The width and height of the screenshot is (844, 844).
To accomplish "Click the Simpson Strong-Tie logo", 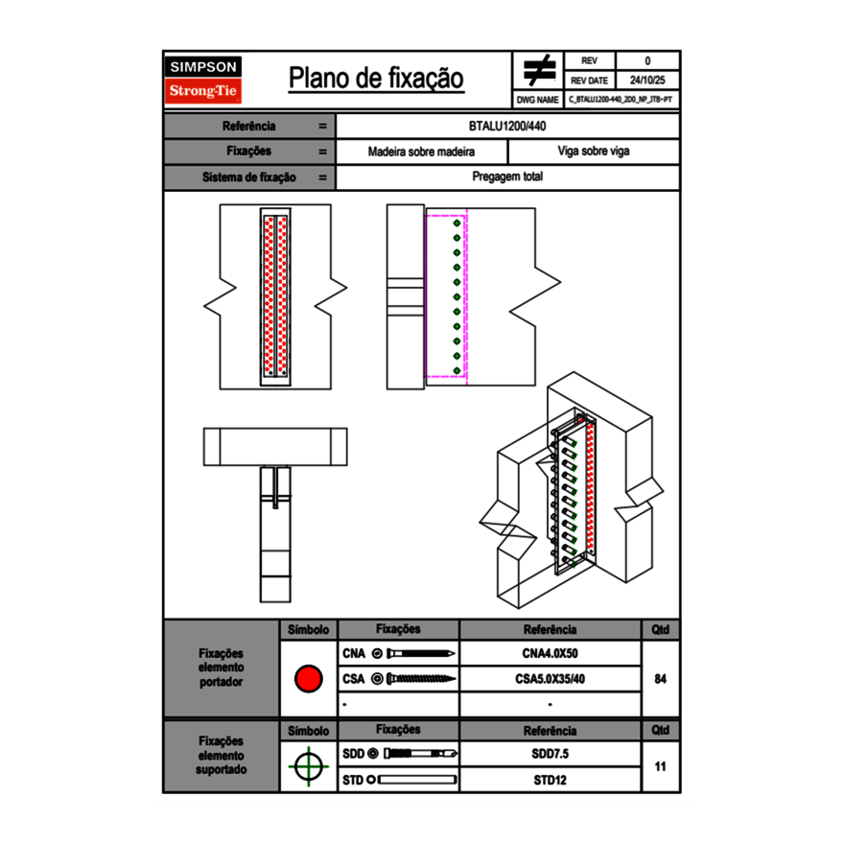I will pos(203,80).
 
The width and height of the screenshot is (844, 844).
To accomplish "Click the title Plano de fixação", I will pos(376,79).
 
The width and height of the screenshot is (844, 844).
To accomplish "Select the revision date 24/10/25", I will pos(647,81).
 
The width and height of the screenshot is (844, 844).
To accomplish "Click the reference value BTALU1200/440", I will pos(508,127).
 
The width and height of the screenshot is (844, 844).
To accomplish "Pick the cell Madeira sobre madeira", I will pos(422,152).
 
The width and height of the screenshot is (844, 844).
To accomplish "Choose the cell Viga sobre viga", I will pos(593,152).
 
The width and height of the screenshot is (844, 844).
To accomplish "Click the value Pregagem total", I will pos(508,177).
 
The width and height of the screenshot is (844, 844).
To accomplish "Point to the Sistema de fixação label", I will pos(249,177).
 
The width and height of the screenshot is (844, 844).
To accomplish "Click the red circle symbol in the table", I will pos(308,679).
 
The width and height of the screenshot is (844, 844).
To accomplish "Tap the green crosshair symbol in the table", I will pos(308,767).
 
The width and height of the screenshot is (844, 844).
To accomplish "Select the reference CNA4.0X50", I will pos(550,654).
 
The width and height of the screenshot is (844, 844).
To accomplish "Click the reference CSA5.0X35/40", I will pos(550,679).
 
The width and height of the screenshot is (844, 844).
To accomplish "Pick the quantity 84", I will pos(660,679).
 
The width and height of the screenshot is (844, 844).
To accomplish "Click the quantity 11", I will pos(660,767).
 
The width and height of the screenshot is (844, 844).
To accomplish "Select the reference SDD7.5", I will pos(550,754).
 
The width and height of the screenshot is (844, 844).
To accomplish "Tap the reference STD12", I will pos(550,780).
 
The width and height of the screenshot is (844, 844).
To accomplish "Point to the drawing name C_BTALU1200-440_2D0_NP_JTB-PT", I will pos(620,99).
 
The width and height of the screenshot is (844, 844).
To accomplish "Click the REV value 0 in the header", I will pos(647,60).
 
